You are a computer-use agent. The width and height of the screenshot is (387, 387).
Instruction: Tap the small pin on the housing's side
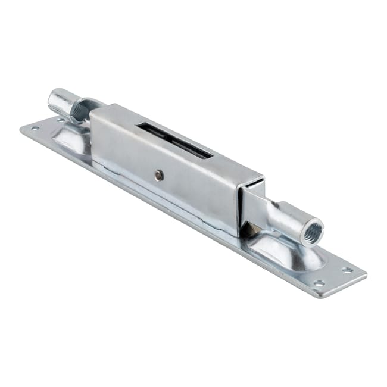point(159,174)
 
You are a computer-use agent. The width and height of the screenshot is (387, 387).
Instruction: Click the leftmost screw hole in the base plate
point(35,128)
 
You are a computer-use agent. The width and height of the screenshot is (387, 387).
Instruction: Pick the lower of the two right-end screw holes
point(319,283)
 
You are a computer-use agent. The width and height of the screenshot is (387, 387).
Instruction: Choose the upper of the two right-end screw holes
point(348,270)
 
